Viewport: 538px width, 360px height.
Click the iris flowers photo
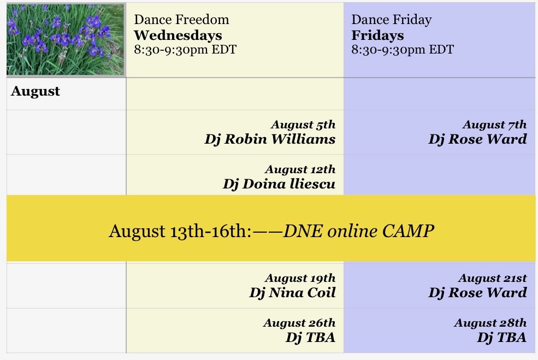click(x=66, y=39)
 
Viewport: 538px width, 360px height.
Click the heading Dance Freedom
click(x=181, y=20)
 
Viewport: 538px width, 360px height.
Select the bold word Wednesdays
click(x=178, y=36)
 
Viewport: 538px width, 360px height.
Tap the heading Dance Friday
click(x=392, y=20)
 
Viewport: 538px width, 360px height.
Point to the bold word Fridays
click(x=377, y=36)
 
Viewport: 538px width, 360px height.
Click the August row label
click(x=36, y=91)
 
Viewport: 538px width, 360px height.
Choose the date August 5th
click(x=303, y=125)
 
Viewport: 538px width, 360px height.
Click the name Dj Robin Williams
click(x=270, y=139)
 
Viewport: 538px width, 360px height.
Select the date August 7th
click(x=494, y=125)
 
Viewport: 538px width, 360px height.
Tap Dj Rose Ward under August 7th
click(x=477, y=139)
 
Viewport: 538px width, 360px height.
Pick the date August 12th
click(x=300, y=169)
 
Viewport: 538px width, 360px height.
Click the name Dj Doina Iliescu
click(x=279, y=184)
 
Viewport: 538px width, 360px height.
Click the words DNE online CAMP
click(x=358, y=231)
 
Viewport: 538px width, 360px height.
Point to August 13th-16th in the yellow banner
click(x=180, y=231)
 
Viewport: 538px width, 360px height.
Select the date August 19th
click(x=300, y=278)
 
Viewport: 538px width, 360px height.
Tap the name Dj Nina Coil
click(x=292, y=293)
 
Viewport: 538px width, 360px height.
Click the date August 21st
click(x=492, y=278)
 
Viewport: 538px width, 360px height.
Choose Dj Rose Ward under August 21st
click(x=477, y=293)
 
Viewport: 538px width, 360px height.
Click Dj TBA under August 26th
click(x=310, y=338)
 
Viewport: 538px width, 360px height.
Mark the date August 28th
click(x=490, y=323)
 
